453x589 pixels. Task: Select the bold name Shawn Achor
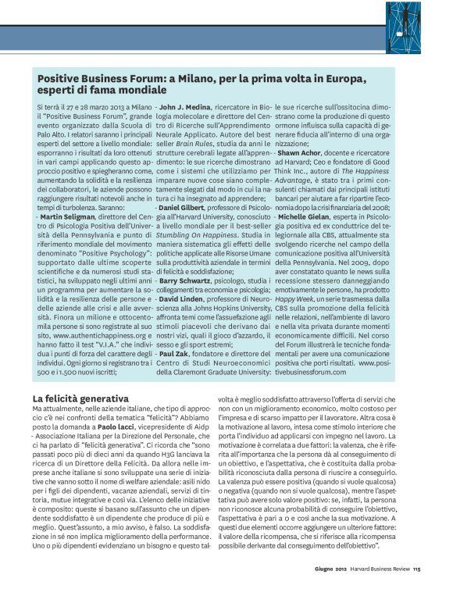305,152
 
